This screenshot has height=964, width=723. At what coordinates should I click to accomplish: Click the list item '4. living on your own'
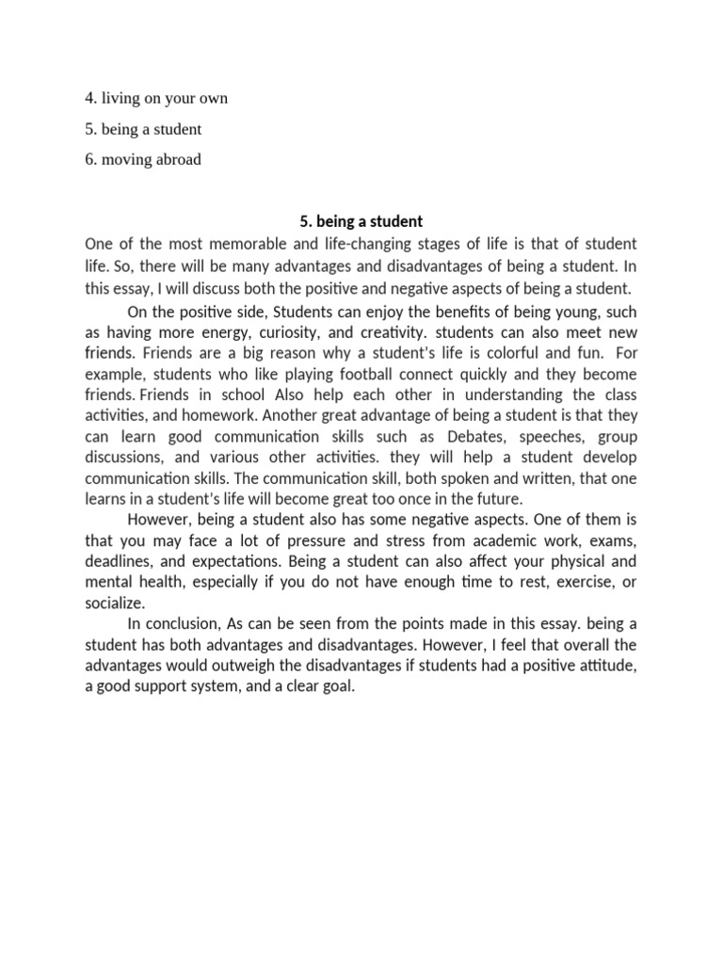(x=156, y=98)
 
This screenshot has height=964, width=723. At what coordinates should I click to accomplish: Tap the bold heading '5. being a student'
(x=361, y=221)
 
